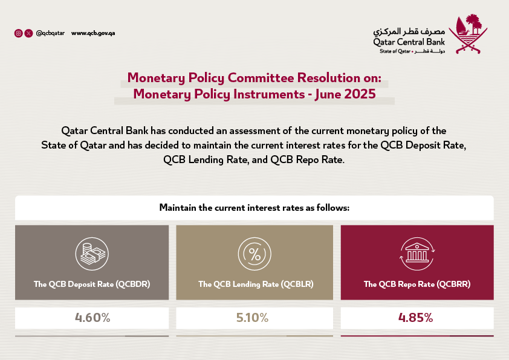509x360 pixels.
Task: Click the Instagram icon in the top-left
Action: pyautogui.click(x=18, y=33)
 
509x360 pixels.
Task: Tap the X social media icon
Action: pyautogui.click(x=28, y=33)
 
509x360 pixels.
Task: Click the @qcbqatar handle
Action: pyautogui.click(x=50, y=33)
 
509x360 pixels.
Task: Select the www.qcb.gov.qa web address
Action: pyautogui.click(x=93, y=33)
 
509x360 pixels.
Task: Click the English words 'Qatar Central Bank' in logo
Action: pyautogui.click(x=409, y=42)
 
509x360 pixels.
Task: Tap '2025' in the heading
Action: pyautogui.click(x=359, y=94)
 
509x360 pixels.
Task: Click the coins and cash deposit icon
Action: pyautogui.click(x=91, y=254)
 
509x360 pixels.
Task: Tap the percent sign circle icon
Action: pyautogui.click(x=254, y=254)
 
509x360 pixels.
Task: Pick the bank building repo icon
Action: pyautogui.click(x=417, y=254)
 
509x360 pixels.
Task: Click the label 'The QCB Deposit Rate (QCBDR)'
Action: pyautogui.click(x=92, y=284)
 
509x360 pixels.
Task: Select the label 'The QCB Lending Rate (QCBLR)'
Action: pyautogui.click(x=254, y=284)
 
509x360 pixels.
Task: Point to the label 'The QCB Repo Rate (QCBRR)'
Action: pyautogui.click(x=417, y=284)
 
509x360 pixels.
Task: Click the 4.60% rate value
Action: pyautogui.click(x=92, y=318)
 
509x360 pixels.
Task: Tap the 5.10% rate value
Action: pyautogui.click(x=254, y=318)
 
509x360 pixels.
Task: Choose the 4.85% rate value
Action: pyautogui.click(x=416, y=318)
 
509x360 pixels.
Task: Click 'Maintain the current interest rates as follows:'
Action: pyautogui.click(x=254, y=208)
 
